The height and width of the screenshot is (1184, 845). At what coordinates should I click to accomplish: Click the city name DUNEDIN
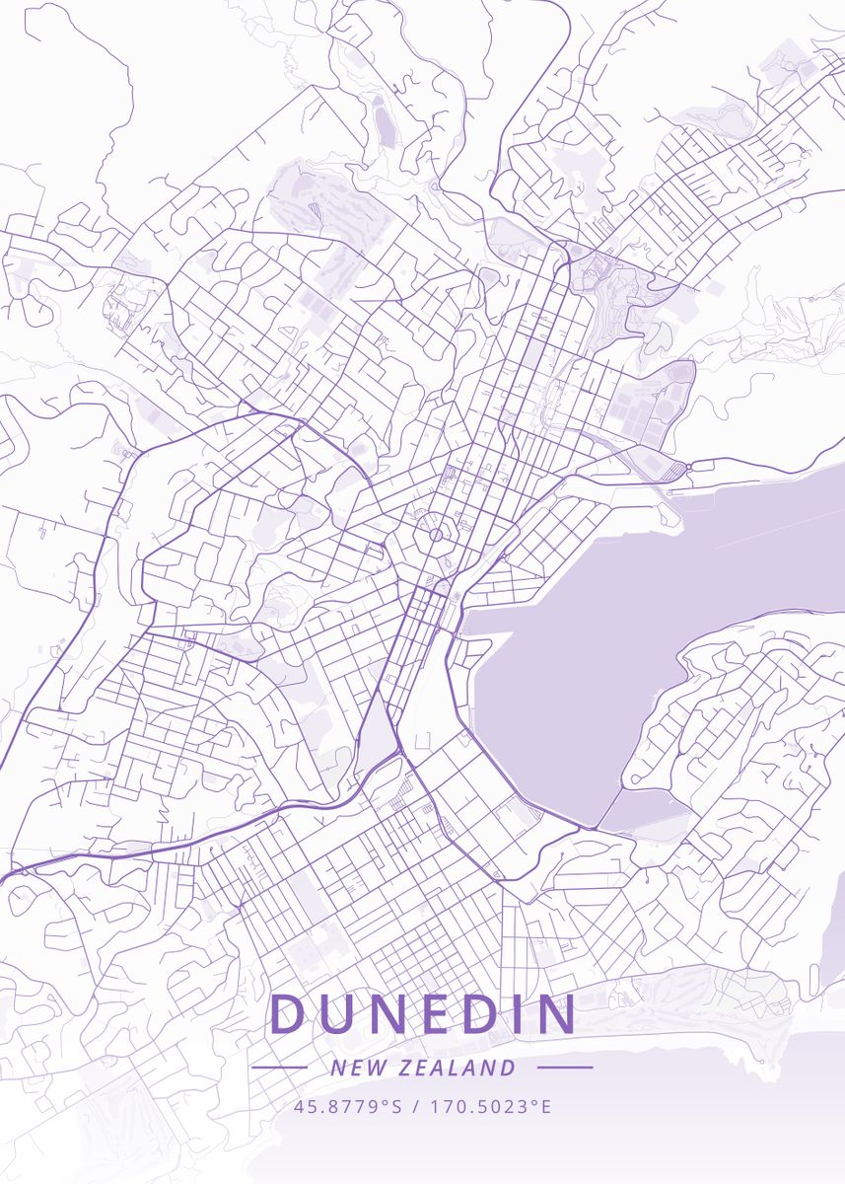point(423,1013)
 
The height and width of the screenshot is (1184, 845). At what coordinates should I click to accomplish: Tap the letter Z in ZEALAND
point(407,1068)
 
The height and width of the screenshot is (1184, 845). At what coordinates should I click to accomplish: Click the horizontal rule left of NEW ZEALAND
point(279,1068)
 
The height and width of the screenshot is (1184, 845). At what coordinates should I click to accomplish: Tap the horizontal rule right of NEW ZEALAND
point(565,1067)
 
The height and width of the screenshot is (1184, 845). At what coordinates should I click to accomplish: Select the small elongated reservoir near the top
point(382,122)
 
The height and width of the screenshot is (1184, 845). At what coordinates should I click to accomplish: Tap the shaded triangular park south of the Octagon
point(375,735)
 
